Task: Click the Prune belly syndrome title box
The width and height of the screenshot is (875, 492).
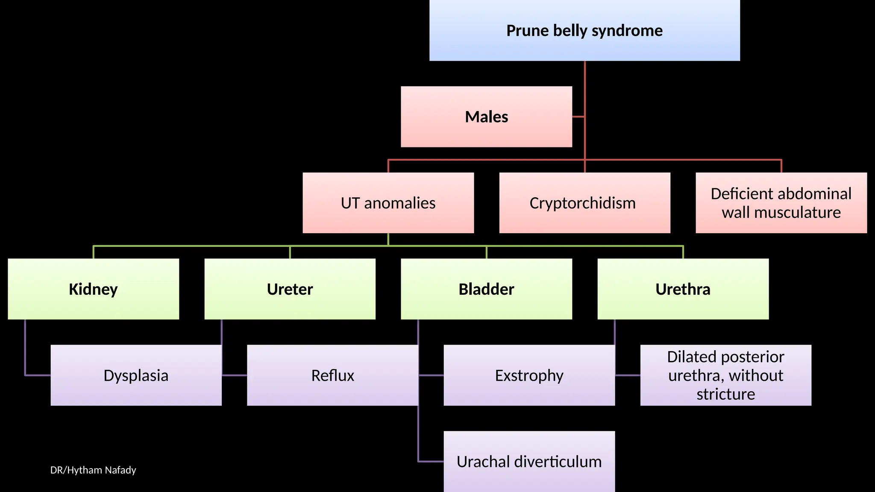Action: point(584,31)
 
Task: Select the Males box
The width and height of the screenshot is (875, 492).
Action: point(486,117)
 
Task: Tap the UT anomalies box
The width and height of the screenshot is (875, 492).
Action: point(388,203)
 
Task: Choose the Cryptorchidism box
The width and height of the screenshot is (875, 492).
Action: point(584,203)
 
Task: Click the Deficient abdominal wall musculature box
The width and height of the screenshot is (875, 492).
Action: point(781,203)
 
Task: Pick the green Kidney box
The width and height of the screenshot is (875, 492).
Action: point(93,289)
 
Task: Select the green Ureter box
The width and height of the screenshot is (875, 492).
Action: point(290,289)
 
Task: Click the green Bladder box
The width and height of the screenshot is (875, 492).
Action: point(486,289)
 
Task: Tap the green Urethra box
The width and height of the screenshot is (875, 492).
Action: point(683,289)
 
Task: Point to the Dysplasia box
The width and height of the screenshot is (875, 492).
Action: point(136,375)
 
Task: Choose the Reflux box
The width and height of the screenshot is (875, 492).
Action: point(332,375)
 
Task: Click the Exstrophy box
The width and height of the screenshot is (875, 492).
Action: point(529,375)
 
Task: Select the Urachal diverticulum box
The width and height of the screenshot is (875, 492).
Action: point(529,462)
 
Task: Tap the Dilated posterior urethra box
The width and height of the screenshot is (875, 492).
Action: point(725,375)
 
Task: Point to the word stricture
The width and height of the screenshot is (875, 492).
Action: point(725,394)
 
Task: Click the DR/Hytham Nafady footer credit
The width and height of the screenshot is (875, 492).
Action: point(93,470)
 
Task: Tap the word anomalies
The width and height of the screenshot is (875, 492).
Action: point(400,203)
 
